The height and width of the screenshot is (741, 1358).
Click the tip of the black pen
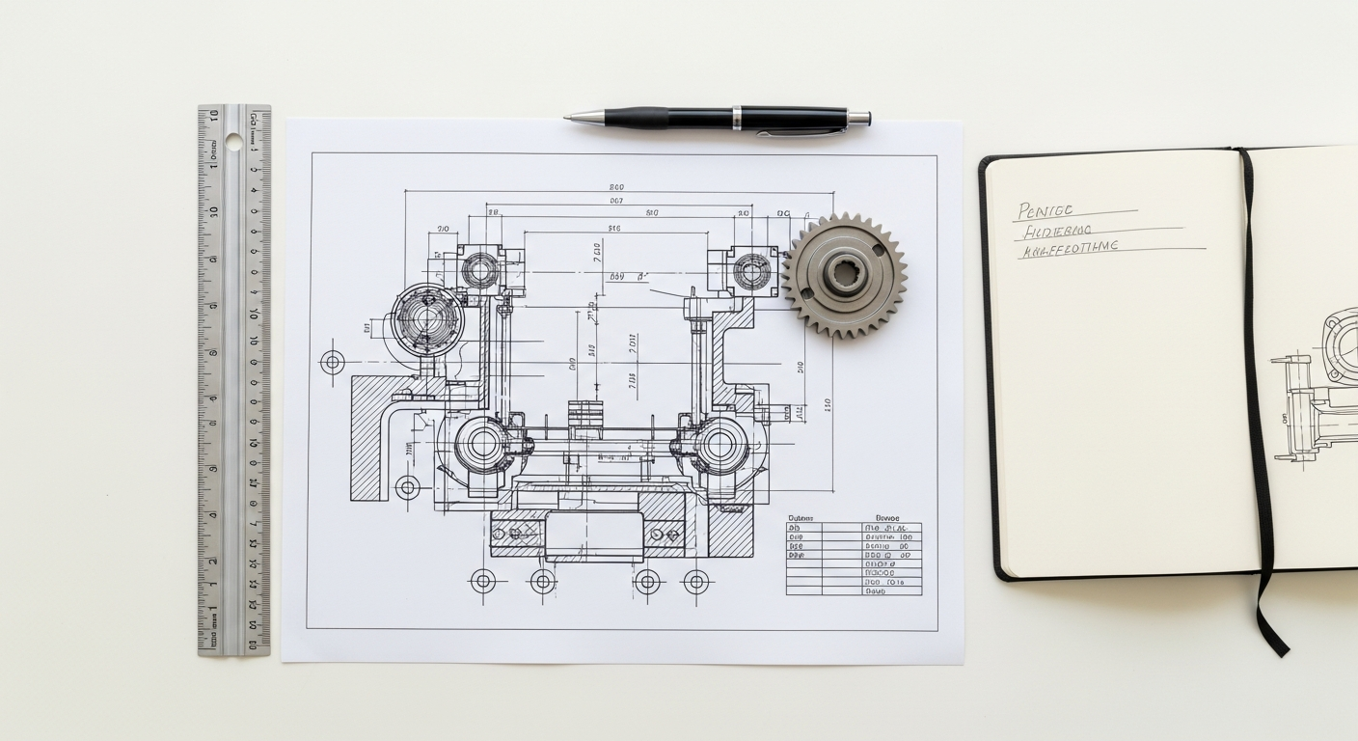tap(567, 117)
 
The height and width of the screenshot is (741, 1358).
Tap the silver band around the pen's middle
tap(737, 119)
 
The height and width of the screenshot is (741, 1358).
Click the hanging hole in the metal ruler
tap(233, 142)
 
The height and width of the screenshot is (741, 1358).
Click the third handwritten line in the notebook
tap(1071, 248)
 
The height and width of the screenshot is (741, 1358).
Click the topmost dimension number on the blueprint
tap(616, 187)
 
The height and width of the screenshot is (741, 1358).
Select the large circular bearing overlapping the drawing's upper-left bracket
tap(427, 319)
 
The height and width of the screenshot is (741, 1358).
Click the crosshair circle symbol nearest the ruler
tap(333, 362)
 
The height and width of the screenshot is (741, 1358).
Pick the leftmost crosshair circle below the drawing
tap(482, 581)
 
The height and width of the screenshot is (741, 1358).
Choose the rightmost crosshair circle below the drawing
tap(695, 581)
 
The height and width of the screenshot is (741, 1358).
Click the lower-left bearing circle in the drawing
tap(481, 444)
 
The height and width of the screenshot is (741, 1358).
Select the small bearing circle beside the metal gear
tap(750, 270)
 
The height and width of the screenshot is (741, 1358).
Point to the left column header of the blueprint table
tap(801, 517)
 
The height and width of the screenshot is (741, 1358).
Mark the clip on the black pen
tap(801, 131)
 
